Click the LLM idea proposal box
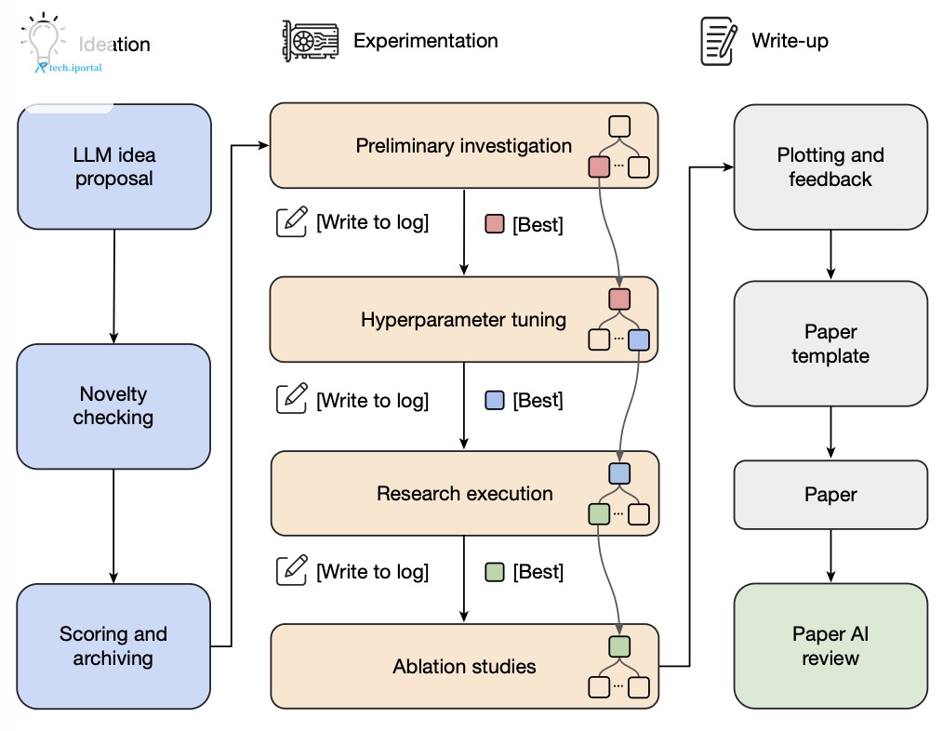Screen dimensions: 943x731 [x=114, y=166]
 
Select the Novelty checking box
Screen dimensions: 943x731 [x=113, y=406]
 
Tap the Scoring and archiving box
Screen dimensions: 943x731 [x=113, y=645]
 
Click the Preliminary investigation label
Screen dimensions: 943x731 [x=464, y=146]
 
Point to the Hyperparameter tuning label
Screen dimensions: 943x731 [x=464, y=320]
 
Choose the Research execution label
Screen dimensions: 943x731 [x=465, y=493]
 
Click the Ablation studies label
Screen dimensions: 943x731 [x=464, y=667]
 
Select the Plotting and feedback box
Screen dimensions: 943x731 [x=830, y=167]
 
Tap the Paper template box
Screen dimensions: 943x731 [x=830, y=343]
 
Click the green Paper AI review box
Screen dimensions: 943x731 [x=830, y=645]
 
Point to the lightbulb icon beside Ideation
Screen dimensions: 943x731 [x=44, y=40]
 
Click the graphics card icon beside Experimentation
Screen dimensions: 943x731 [x=311, y=41]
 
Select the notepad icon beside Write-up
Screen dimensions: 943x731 [x=719, y=41]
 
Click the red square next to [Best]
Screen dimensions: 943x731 [x=495, y=224]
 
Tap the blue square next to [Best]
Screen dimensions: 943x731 [x=495, y=400]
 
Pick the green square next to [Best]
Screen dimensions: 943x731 [x=495, y=572]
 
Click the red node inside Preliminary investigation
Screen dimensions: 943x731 [x=599, y=166]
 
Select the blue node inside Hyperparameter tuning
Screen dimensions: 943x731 [x=639, y=340]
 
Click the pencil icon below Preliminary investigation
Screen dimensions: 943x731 [x=292, y=221]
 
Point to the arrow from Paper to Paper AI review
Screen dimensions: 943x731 [x=830, y=556]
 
